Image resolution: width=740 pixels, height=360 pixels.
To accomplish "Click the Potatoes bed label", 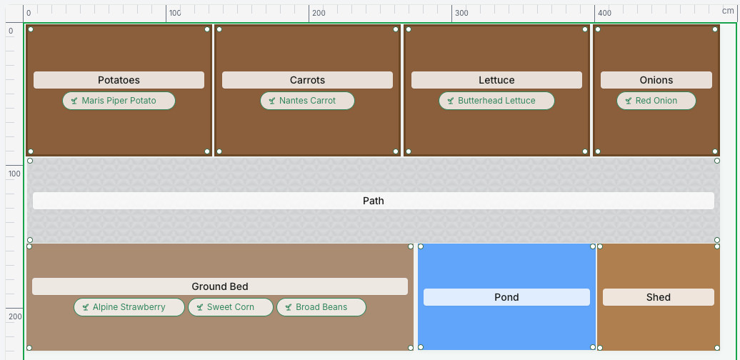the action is pyautogui.click(x=119, y=80).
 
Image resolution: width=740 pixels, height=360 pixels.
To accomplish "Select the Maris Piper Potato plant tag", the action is pyautogui.click(x=119, y=101).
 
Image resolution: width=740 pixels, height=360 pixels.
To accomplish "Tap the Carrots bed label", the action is pyautogui.click(x=307, y=80).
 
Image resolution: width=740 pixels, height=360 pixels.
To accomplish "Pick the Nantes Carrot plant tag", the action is pyautogui.click(x=307, y=101).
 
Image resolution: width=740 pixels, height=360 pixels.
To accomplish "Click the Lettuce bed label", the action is pyautogui.click(x=496, y=80).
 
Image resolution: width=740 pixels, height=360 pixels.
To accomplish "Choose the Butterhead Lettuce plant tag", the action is pyautogui.click(x=496, y=101).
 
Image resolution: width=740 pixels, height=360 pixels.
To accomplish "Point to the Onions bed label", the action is pyautogui.click(x=656, y=80).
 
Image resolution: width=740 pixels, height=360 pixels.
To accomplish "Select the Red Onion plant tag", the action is pyautogui.click(x=656, y=101).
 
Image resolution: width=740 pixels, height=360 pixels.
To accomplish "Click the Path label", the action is pyautogui.click(x=374, y=201).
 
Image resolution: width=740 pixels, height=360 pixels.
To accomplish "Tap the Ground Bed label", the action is pyautogui.click(x=220, y=286).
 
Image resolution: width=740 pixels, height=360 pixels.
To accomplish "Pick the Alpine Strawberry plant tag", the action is pyautogui.click(x=129, y=307).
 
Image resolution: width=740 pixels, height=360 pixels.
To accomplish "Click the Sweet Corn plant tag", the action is pyautogui.click(x=230, y=307).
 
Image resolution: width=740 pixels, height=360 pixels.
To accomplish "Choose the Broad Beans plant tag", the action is pyautogui.click(x=321, y=307).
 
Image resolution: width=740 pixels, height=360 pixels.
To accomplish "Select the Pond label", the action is pyautogui.click(x=506, y=297).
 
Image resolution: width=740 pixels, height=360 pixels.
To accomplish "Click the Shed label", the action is pyautogui.click(x=659, y=297).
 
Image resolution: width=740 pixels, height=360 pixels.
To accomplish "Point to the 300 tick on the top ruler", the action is pyautogui.click(x=451, y=13).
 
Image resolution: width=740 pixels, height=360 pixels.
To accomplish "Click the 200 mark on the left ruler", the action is pyautogui.click(x=14, y=316).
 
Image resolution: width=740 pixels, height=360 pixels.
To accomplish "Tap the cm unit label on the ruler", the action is pyautogui.click(x=728, y=11).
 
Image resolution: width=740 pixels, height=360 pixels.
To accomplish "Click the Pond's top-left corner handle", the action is pyautogui.click(x=421, y=246).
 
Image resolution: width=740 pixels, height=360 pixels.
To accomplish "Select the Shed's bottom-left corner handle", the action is pyautogui.click(x=600, y=348).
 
